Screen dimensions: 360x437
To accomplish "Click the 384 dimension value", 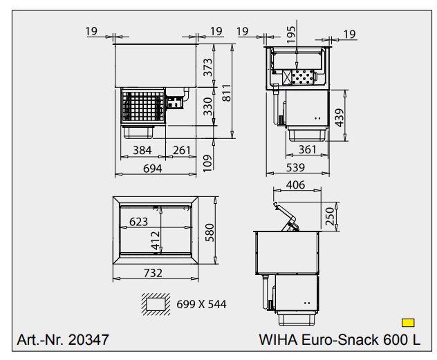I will pos(142,151).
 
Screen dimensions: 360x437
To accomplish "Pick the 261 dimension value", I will pos(181,151).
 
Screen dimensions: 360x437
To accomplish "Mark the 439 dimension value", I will pos(339,117).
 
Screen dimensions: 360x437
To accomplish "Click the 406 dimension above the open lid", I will pos(295,185).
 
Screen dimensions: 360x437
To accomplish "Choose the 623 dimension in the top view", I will pos(139,221).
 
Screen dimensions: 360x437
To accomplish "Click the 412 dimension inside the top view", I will pos(156,238).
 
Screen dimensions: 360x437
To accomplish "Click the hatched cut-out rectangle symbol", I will pos(156,303).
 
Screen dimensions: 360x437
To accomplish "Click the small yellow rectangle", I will pos(408,322).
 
